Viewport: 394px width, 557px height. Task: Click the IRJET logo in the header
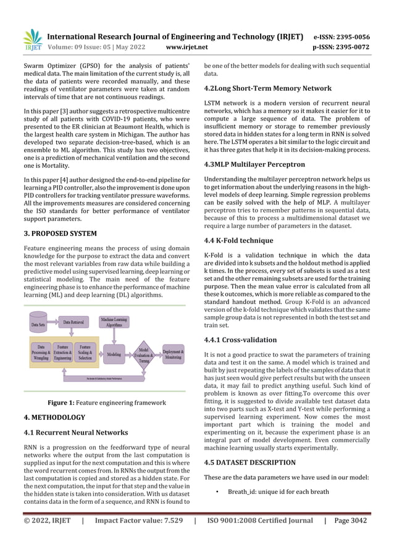pos(31,40)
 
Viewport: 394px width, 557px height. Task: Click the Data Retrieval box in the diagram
pos(77,322)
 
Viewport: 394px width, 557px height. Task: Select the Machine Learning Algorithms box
pos(115,322)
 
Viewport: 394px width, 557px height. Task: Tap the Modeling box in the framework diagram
pos(114,354)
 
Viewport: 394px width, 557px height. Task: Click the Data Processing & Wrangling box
pos(41,352)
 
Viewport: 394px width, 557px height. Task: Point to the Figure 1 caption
pos(107,403)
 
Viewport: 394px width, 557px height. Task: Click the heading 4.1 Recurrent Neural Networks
pos(75,432)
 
